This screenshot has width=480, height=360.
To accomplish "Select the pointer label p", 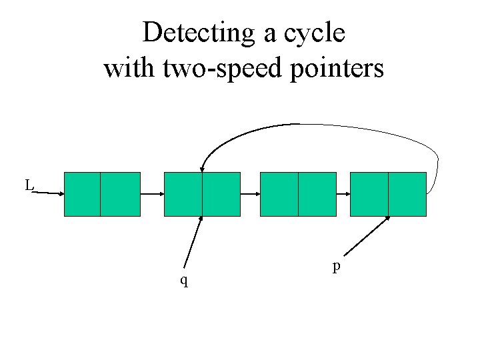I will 337,267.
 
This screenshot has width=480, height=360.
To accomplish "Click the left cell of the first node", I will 82,194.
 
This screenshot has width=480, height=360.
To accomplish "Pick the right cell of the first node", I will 120,194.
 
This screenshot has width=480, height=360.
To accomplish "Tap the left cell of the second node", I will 183,194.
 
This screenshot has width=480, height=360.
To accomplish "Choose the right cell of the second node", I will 221,194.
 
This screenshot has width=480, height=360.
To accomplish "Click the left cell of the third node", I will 279,194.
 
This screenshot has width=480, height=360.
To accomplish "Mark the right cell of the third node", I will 317,194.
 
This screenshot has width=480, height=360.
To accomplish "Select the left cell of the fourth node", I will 369,194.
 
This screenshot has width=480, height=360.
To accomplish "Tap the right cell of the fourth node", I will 407,194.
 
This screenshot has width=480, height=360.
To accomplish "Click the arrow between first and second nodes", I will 152,194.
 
